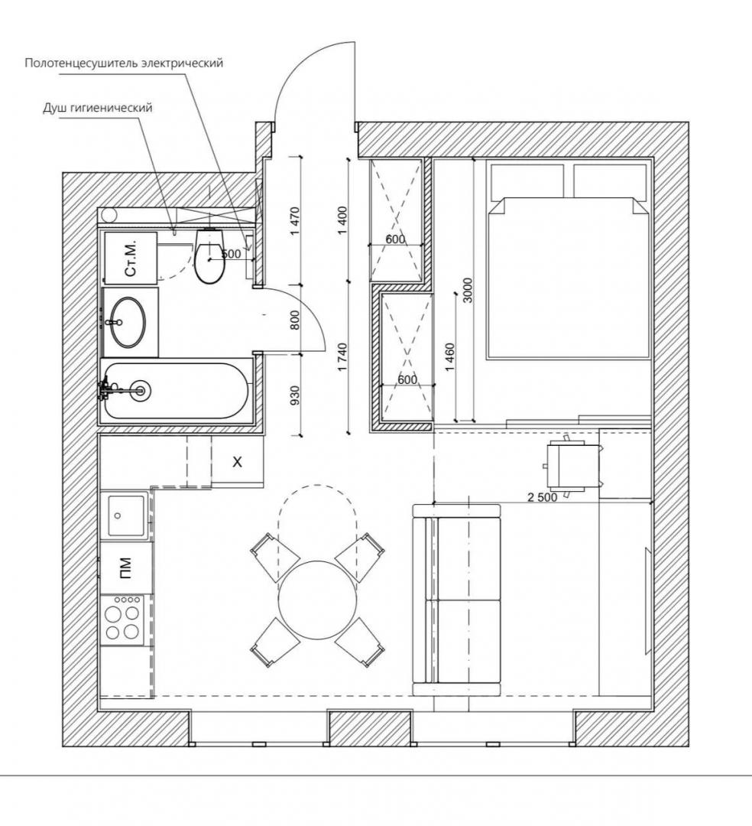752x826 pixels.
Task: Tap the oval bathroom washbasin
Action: tap(129, 322)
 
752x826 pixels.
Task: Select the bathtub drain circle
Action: tap(141, 390)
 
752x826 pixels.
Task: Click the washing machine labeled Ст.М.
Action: tap(131, 258)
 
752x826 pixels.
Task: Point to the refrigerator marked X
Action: tap(238, 461)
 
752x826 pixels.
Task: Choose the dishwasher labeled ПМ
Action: tap(126, 568)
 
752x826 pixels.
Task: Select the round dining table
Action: tap(318, 600)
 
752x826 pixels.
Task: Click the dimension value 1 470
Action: tap(295, 221)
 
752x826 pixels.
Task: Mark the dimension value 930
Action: tap(295, 395)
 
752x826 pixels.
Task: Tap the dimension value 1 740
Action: tap(342, 357)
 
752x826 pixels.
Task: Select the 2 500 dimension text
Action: tap(542, 497)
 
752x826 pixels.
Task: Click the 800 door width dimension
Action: tap(295, 320)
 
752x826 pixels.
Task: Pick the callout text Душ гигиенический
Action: tap(97, 108)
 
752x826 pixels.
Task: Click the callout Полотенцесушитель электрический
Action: tap(124, 63)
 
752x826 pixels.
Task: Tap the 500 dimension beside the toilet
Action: tap(231, 253)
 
